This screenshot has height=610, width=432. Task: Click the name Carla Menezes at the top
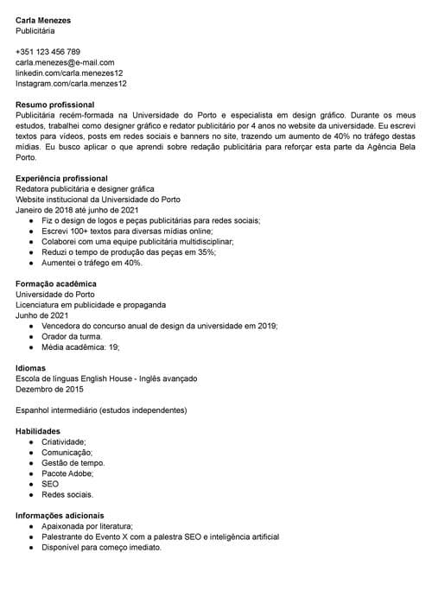pos(43,20)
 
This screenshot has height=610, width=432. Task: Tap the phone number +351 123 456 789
pos(48,52)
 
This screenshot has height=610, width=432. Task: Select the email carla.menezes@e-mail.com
pos(65,62)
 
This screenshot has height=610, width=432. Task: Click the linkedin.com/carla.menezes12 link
pos(69,73)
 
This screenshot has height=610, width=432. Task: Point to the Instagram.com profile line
pos(71,84)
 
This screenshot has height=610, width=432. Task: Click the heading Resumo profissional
pos(54,104)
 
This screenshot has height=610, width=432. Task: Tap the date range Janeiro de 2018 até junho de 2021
pos(77,210)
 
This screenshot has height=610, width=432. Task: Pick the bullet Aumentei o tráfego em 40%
pos(92,263)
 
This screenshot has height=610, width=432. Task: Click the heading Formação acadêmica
pos(56,283)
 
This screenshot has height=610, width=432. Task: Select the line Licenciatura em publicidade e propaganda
pos(91,305)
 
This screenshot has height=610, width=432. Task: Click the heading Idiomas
pos(30,368)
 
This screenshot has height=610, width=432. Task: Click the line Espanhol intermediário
pos(101,410)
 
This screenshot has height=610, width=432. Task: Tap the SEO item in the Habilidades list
pos(50,484)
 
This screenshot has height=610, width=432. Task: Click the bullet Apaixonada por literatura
pos(86,526)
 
